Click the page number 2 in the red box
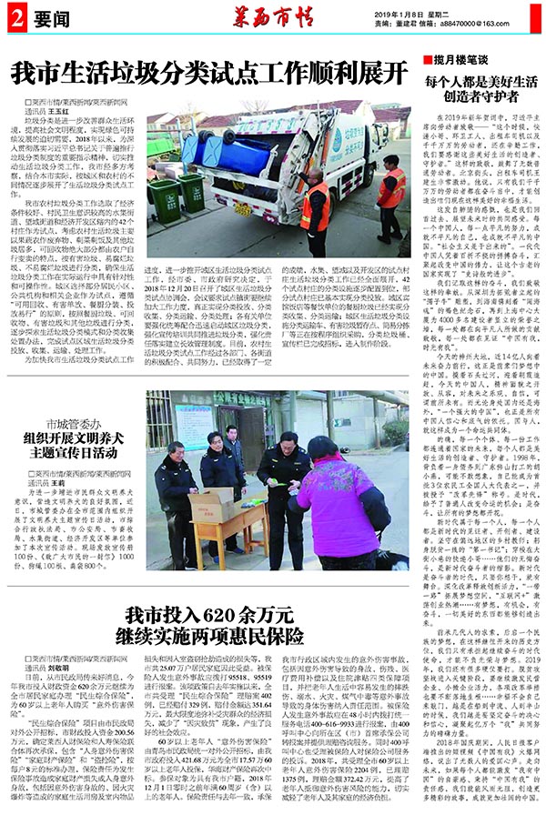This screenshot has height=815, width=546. point(16,18)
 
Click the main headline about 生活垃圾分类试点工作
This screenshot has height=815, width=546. point(209,71)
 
